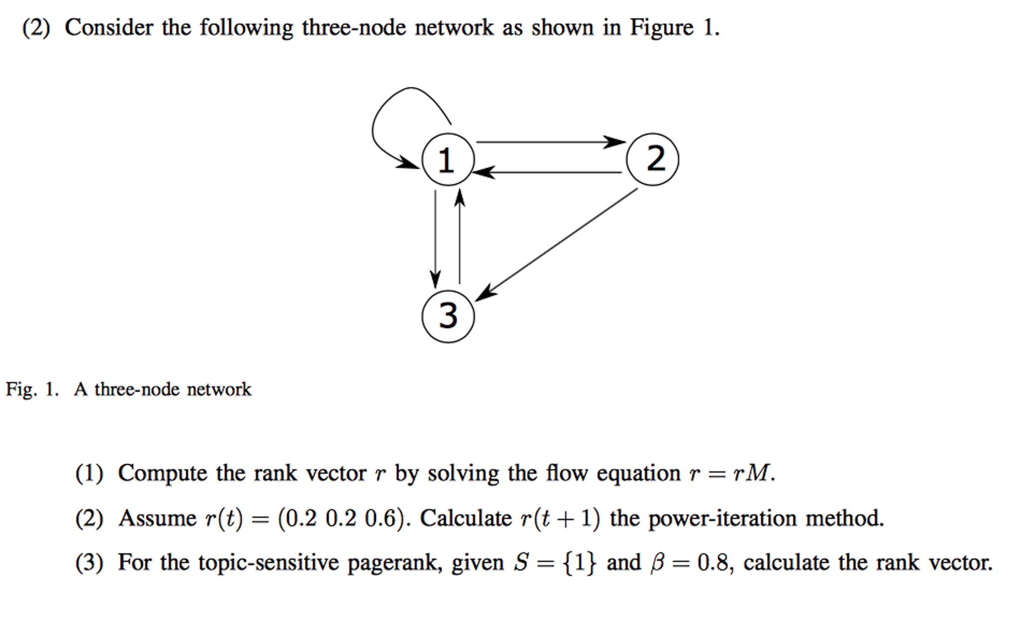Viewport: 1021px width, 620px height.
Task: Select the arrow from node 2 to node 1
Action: tap(546, 172)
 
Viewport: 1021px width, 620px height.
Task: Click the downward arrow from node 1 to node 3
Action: tap(435, 239)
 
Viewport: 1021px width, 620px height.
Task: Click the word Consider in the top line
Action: tap(109, 27)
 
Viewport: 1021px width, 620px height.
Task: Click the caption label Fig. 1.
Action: tap(32, 389)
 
